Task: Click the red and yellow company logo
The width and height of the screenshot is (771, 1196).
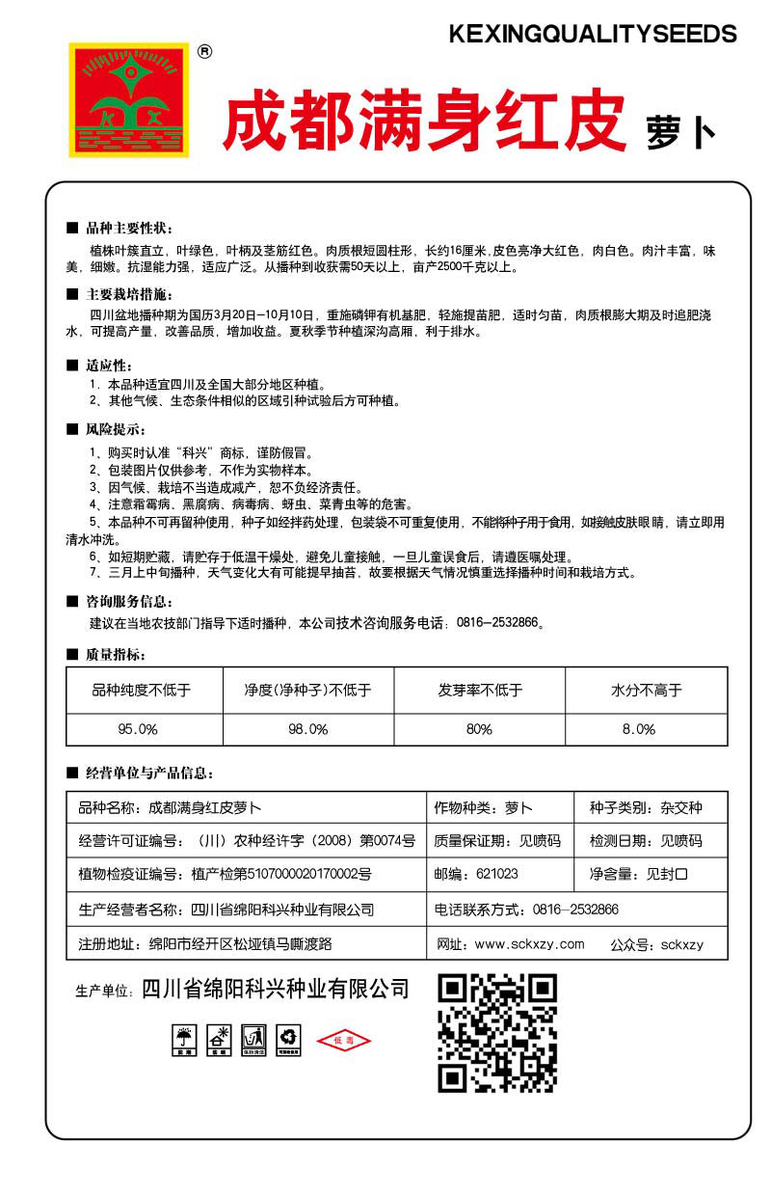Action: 128,99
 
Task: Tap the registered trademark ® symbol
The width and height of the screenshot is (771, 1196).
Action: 204,53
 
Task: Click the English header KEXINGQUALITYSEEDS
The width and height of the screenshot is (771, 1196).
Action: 593,35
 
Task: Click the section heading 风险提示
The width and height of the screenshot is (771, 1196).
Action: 117,429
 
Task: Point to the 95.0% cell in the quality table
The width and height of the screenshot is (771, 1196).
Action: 145,729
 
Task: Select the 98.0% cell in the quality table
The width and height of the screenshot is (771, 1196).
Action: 307,729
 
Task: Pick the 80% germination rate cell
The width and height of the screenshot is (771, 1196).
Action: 479,729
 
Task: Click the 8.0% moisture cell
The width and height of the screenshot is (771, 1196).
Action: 646,729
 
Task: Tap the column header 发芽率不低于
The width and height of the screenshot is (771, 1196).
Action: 480,691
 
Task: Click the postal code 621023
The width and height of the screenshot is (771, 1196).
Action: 496,874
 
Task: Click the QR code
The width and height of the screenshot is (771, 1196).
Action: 497,1033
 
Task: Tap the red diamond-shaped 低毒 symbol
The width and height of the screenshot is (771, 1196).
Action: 344,1040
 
